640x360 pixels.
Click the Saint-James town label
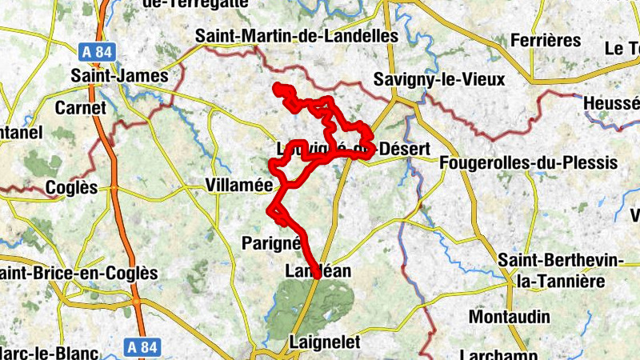(x=120, y=77)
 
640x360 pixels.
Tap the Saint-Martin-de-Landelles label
(x=297, y=37)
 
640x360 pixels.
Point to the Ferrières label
(x=545, y=40)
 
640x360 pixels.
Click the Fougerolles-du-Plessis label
(x=529, y=163)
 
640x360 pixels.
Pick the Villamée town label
(x=239, y=185)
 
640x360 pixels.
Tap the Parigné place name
(x=270, y=242)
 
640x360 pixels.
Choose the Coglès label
(x=71, y=188)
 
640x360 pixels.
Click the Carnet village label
(x=80, y=107)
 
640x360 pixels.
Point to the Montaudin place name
(x=511, y=317)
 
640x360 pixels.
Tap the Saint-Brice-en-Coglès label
(x=79, y=273)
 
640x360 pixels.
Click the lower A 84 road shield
(x=143, y=347)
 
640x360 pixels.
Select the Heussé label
(x=612, y=104)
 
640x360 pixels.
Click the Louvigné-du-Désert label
(x=353, y=150)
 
